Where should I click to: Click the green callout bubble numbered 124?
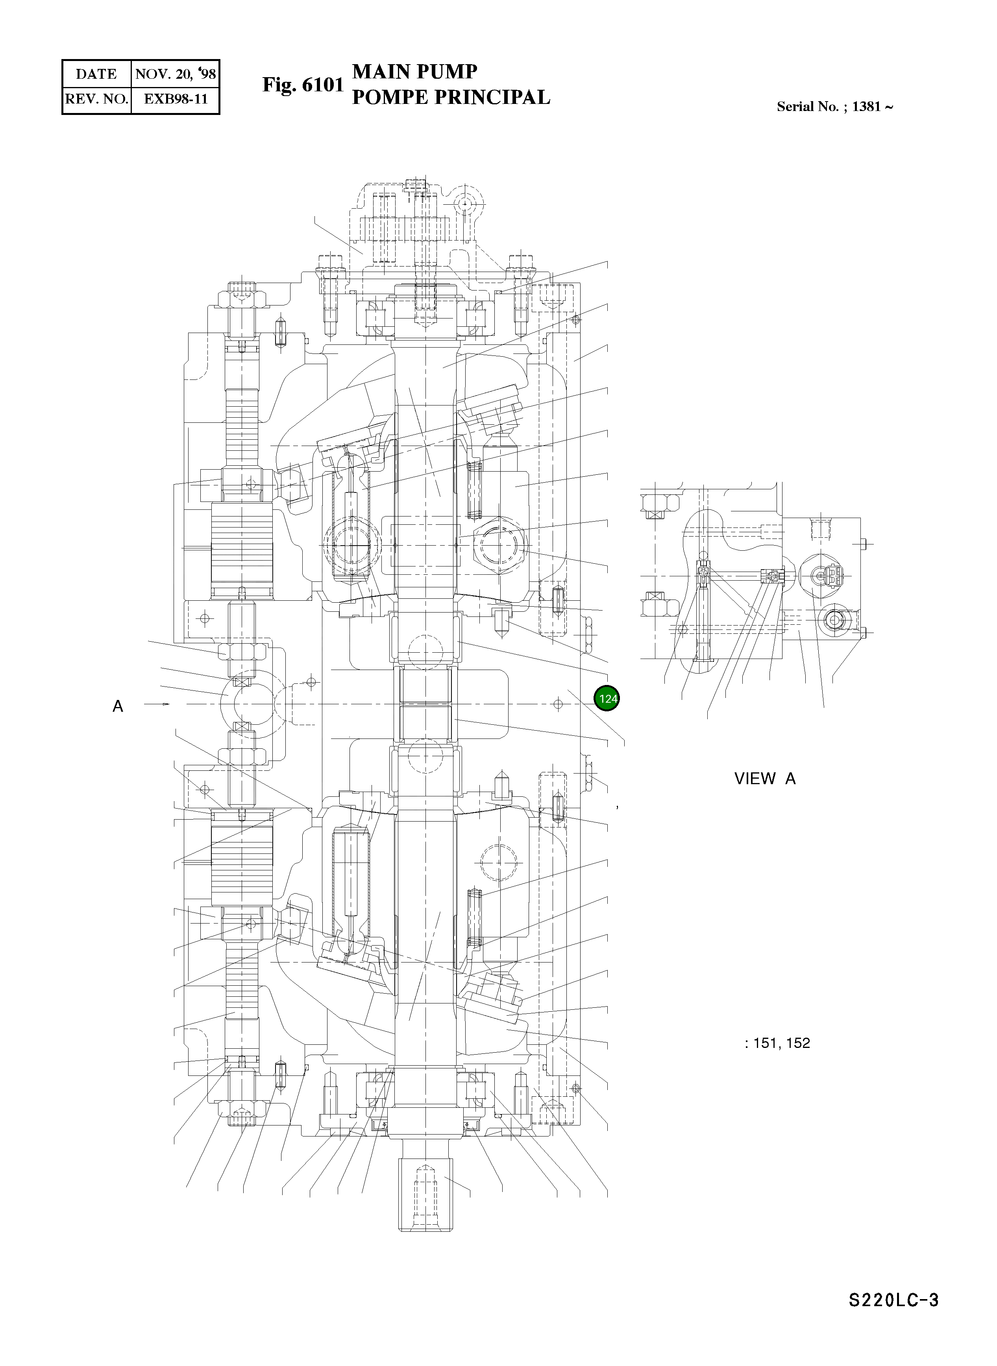607,698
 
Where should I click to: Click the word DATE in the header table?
96,74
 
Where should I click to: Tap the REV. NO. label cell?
96,100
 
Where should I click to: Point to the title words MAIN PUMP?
414,72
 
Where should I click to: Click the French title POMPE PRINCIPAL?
451,97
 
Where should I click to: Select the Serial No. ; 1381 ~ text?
835,107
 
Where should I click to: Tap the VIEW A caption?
765,779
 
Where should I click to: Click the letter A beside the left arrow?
118,706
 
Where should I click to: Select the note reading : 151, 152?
777,1043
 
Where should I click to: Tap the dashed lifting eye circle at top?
465,205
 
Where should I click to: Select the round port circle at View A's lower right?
835,619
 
